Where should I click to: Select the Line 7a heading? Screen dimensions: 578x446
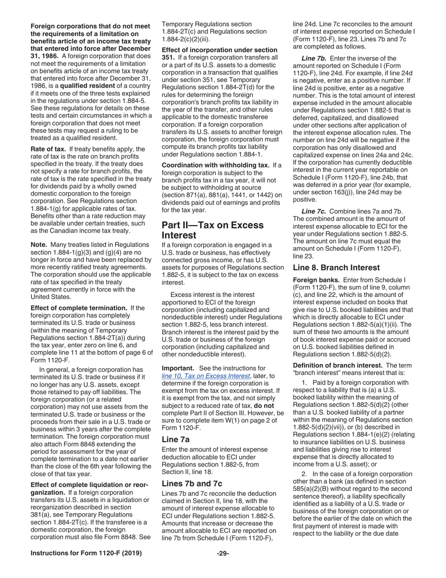coord(176,439)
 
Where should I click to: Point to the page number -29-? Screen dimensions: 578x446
coord(223,554)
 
